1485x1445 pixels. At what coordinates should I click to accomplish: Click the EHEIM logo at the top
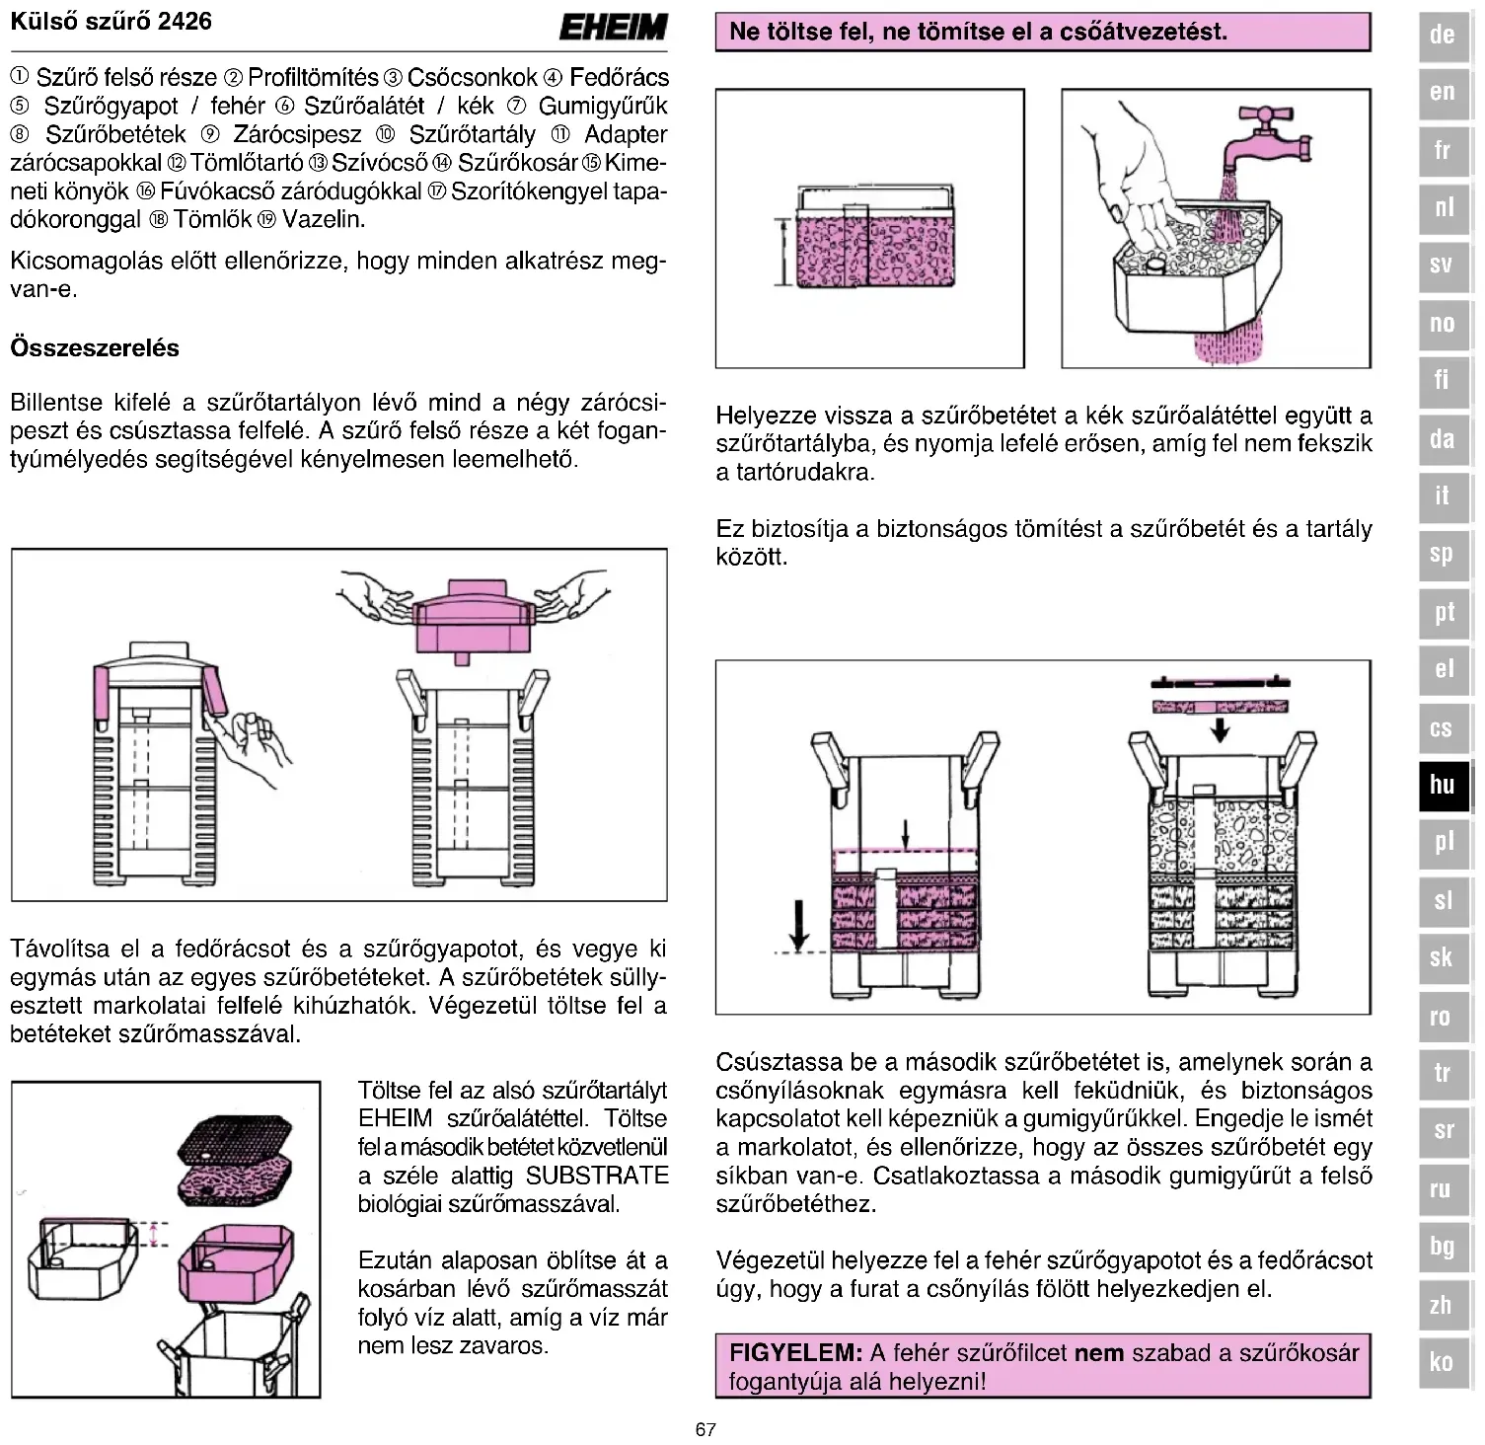613,28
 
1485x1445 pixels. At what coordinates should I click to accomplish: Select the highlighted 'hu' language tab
1443,786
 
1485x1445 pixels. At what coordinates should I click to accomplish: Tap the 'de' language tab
1443,36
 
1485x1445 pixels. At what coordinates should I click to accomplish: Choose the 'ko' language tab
1443,1363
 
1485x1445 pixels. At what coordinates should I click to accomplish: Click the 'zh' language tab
1443,1305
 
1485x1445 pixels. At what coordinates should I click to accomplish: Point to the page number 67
705,1429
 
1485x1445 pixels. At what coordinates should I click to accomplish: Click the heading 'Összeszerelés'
95,348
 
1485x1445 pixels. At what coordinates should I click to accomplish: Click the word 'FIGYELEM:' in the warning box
795,1353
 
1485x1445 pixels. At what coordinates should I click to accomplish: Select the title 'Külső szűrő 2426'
111,22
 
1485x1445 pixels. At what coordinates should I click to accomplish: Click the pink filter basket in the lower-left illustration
236,1264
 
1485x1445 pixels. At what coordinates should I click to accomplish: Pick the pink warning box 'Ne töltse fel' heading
1042,32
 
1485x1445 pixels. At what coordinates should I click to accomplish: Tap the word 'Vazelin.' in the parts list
324,219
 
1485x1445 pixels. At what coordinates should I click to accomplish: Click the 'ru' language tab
1443,1189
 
